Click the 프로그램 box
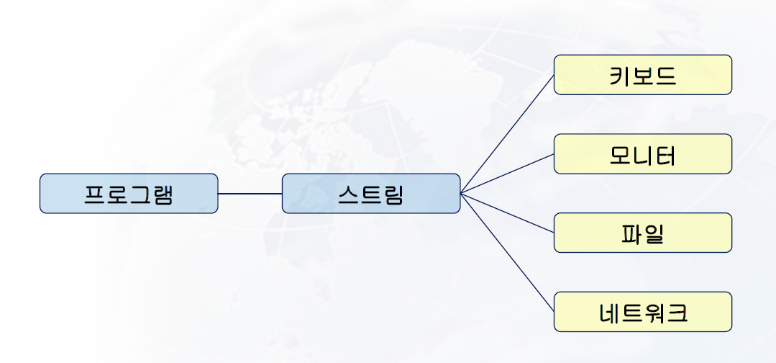point(128,193)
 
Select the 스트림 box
point(370,193)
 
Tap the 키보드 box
point(642,75)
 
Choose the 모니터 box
point(642,153)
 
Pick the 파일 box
point(642,233)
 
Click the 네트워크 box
point(642,312)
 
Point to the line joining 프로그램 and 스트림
point(250,193)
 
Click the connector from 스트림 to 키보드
point(507,134)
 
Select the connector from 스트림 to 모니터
point(507,174)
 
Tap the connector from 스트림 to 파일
point(507,212)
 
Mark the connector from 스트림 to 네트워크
point(507,252)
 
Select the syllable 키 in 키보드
point(620,76)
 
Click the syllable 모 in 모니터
point(620,155)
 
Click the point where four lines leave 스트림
point(461,193)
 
